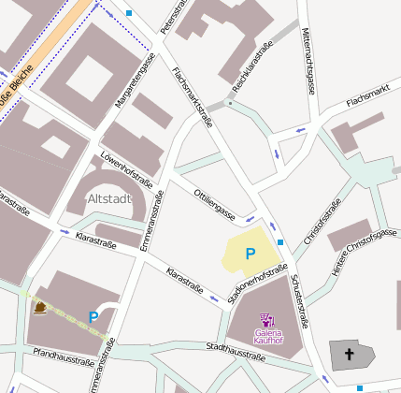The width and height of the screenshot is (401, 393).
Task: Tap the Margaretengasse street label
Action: [x=135, y=82]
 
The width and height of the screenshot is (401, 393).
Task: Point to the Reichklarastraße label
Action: [x=252, y=64]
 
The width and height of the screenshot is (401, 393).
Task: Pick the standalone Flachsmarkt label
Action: [x=367, y=97]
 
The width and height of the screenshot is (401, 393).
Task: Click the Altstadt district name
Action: [x=109, y=199]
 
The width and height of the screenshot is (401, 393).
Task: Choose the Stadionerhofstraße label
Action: [x=257, y=285]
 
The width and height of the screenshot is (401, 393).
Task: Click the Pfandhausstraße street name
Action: [x=63, y=356]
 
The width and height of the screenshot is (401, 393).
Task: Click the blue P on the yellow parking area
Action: [x=250, y=254]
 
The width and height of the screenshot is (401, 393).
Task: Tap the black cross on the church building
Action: [x=351, y=355]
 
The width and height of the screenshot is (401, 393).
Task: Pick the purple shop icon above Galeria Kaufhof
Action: [x=266, y=319]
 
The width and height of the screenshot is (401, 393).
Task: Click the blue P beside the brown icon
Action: [x=93, y=317]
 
